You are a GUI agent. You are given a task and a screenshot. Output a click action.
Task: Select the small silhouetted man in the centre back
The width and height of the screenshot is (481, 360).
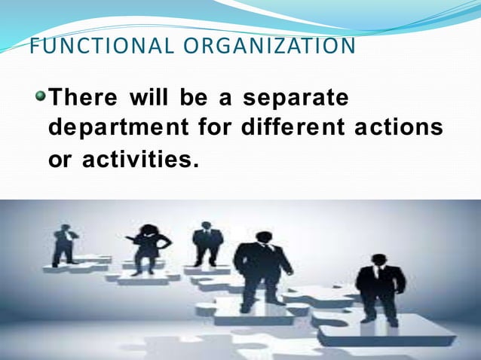(207, 243)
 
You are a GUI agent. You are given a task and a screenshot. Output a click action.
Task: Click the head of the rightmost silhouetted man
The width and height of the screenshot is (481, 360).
(378, 260)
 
